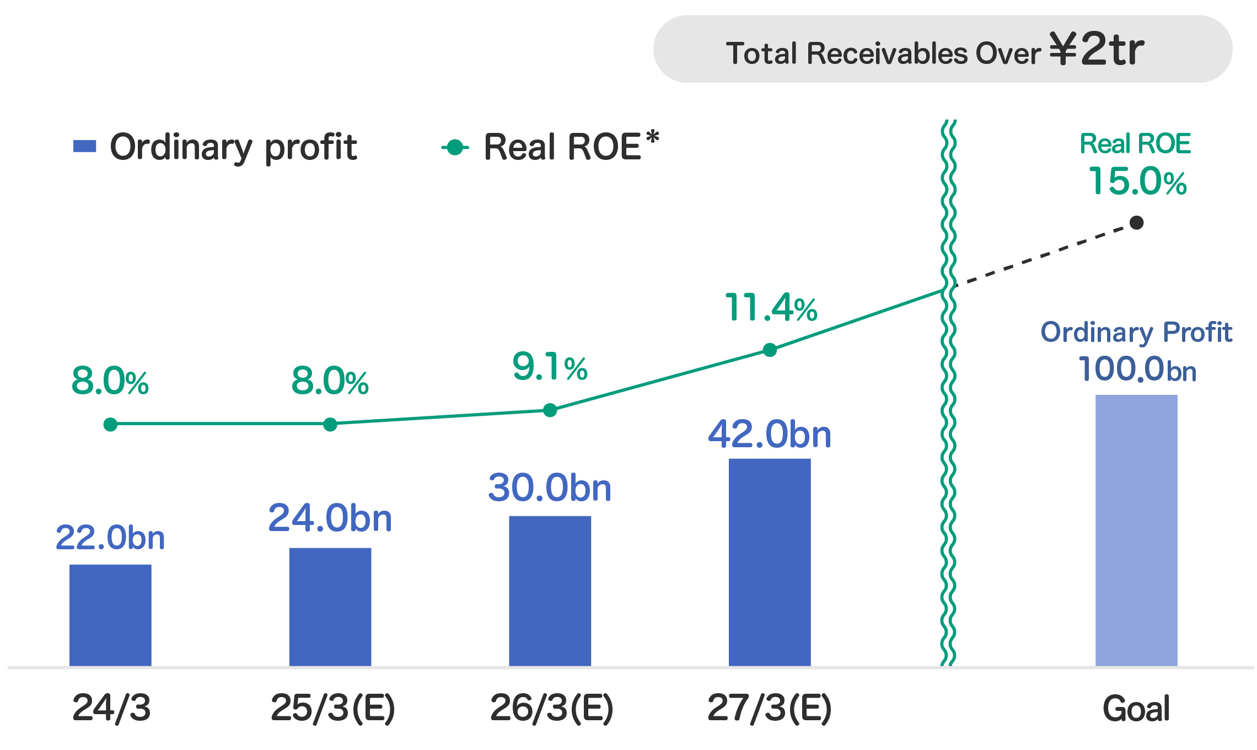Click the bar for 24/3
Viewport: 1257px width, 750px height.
tap(110, 615)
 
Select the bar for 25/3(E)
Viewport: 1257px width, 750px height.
tap(330, 607)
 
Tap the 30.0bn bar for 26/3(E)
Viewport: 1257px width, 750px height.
tap(550, 591)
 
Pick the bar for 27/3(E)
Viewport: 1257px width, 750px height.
tap(770, 562)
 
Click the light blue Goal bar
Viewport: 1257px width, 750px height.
tap(1136, 530)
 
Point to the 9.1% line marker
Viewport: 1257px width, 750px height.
tap(550, 410)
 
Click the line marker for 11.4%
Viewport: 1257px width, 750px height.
tap(770, 350)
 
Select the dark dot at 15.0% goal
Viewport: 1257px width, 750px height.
tap(1136, 223)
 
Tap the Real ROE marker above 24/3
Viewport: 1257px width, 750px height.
tap(110, 424)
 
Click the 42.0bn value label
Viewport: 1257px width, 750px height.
tap(770, 435)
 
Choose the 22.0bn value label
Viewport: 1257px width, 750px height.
tap(110, 538)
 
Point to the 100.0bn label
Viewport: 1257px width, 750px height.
tap(1137, 369)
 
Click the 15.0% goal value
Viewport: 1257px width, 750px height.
tap(1137, 182)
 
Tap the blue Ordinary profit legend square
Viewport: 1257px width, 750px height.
tap(85, 147)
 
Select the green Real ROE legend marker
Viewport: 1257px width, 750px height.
tap(455, 147)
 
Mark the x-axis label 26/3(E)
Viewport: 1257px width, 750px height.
tap(552, 708)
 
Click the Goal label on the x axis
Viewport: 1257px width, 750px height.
tap(1136, 709)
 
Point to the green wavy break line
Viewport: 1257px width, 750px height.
tap(948, 441)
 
